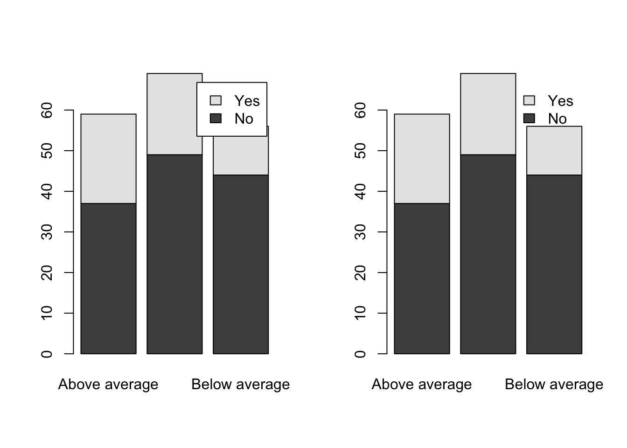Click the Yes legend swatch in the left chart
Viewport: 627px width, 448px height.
pos(216,100)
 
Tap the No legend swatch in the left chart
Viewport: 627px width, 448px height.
pos(216,118)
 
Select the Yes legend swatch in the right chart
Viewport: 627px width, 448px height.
pos(529,100)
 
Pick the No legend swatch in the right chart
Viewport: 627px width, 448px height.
pos(529,118)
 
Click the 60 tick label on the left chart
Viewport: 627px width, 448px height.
pos(47,110)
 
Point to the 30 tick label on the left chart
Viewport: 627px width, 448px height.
pos(47,232)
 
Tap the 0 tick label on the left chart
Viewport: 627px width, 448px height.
pos(47,354)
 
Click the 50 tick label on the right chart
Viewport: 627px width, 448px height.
pos(360,151)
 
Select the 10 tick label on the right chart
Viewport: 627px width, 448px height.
pos(360,313)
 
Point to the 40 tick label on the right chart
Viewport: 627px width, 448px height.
pos(360,191)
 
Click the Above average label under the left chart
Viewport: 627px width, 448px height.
pos(108,385)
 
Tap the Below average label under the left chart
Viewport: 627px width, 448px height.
pos(240,385)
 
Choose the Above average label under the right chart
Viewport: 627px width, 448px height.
pos(422,385)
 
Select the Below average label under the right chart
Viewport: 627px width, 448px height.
pos(554,385)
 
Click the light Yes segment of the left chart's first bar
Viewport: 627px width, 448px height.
pos(109,159)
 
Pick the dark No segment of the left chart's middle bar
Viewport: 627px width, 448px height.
pos(174,254)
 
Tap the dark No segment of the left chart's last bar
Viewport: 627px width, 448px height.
pos(241,264)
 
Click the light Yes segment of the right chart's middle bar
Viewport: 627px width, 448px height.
pos(488,114)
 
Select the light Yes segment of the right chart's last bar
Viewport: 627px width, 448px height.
pos(554,151)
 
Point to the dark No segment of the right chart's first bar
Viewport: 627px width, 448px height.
pos(422,279)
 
